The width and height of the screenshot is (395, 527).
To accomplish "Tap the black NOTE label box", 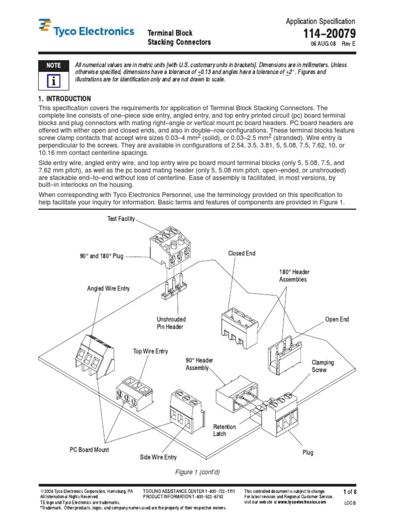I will click(53, 65).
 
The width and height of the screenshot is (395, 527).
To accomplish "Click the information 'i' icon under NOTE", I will click(53, 81).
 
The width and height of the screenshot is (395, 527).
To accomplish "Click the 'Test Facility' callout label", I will click(121, 219).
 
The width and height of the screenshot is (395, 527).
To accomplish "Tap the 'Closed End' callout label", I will click(242, 254).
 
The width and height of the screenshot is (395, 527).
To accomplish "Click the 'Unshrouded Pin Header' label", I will click(171, 323).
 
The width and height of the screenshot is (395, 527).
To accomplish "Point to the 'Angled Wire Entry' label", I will click(109, 289).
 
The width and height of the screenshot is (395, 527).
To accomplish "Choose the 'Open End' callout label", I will click(337, 320).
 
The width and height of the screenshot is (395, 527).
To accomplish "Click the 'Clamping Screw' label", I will click(323, 366).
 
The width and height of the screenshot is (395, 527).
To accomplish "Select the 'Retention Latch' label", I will click(225, 430).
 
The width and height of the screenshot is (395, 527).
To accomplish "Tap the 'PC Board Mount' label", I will click(89, 450).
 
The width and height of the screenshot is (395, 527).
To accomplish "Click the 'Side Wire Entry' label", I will click(158, 457).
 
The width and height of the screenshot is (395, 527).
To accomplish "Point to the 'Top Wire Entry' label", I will click(150, 352).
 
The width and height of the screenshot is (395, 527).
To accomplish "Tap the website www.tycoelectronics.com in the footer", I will click(301, 502).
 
